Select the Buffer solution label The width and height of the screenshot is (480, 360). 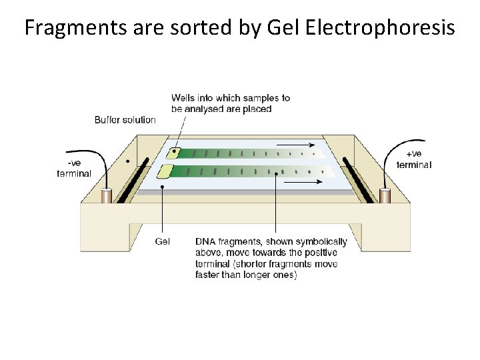pos(125,120)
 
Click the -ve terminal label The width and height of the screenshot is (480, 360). pos(73,169)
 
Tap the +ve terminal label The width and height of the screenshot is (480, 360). pos(413,159)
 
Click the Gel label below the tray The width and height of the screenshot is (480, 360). pos(163,241)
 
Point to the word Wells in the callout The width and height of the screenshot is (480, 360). pos(183,98)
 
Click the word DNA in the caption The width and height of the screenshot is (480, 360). pos(205,241)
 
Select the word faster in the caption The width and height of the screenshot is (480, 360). pos(209,275)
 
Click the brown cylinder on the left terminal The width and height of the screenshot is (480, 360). pos(106,196)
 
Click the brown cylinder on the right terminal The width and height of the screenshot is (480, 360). pos(385,195)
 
